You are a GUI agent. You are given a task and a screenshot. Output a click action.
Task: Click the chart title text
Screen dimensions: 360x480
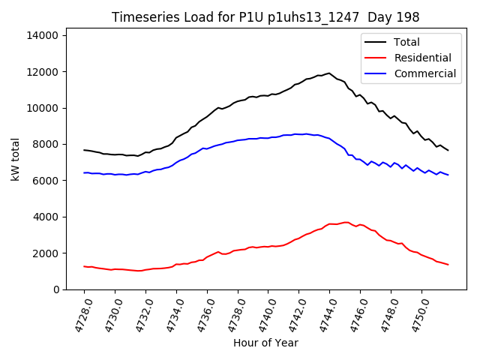(265, 17)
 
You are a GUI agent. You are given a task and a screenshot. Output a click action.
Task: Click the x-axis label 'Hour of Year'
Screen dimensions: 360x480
(265, 343)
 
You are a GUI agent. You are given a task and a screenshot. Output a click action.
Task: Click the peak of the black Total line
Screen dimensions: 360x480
(328, 73)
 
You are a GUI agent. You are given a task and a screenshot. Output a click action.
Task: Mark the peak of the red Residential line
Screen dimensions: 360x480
(346, 222)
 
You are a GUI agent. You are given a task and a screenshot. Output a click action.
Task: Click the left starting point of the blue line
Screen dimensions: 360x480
(84, 172)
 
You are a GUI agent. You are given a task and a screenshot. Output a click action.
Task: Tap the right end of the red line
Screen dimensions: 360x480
(448, 265)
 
